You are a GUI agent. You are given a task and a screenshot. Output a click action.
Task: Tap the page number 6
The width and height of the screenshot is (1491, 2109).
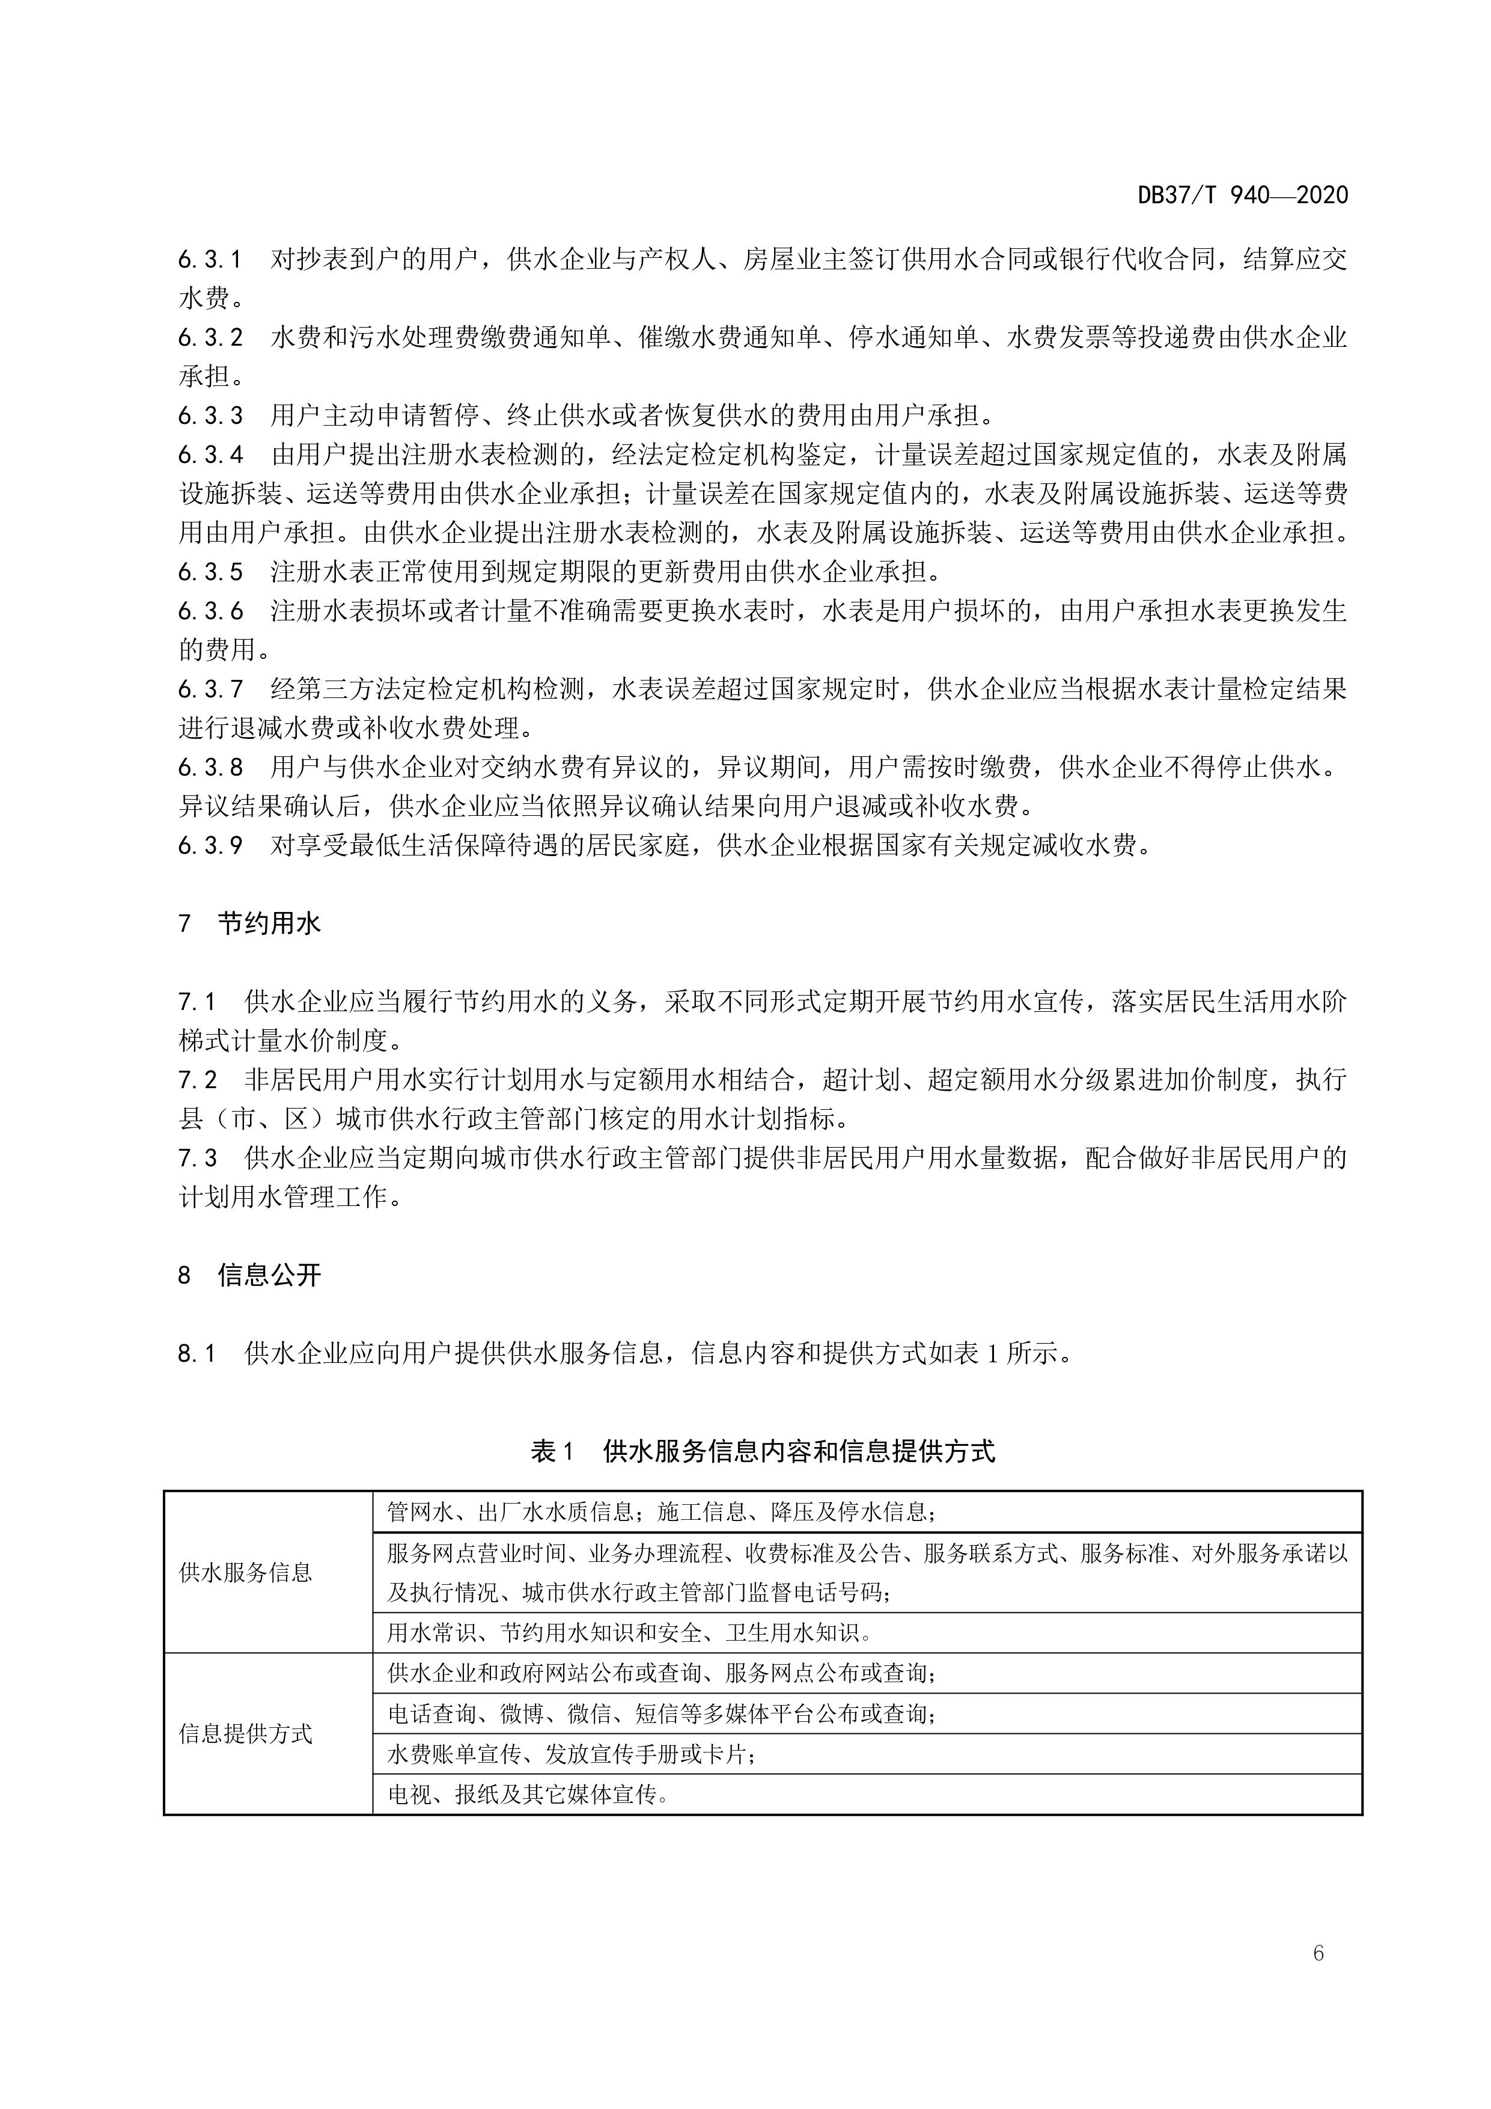click(1319, 1953)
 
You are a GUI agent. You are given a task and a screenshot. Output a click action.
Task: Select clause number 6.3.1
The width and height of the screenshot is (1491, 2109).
click(210, 260)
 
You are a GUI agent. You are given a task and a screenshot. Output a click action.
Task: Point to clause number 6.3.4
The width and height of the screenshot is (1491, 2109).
click(210, 455)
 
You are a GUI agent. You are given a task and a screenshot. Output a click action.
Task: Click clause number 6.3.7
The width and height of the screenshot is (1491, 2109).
click(210, 689)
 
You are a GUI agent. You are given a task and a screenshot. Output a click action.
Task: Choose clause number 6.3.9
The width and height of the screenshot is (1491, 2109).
click(210, 845)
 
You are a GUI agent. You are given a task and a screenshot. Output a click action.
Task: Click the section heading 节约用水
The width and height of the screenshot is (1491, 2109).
click(269, 923)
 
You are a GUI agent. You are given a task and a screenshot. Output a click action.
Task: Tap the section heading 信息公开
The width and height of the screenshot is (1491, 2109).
click(269, 1275)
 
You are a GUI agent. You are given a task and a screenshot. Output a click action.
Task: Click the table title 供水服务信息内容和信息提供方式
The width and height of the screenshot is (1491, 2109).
click(799, 1451)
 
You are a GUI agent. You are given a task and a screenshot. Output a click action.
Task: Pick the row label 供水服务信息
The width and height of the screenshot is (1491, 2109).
click(245, 1573)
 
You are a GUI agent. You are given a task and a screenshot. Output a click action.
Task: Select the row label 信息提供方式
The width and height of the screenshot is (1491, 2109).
click(245, 1734)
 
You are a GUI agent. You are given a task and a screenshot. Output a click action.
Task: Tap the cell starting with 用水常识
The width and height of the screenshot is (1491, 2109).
click(629, 1632)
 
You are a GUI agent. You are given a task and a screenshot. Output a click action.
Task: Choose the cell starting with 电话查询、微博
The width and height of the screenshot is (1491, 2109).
click(661, 1714)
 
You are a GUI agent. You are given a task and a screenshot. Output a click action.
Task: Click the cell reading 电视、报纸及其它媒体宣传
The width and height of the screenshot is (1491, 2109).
click(528, 1795)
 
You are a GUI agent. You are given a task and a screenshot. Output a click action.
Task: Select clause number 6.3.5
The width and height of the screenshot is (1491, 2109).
click(210, 572)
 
